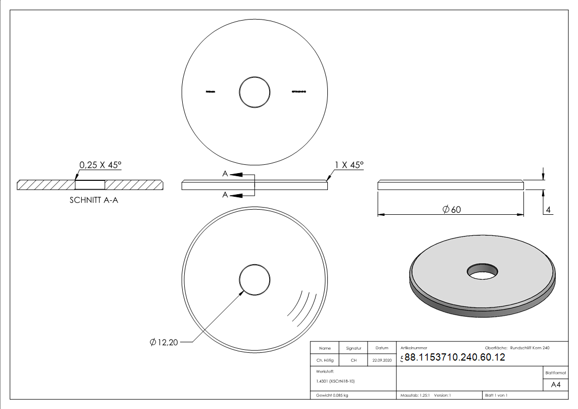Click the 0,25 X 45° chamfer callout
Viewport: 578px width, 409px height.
point(100,165)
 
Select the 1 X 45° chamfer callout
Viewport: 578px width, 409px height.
point(349,165)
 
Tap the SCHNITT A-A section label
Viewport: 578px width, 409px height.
point(94,200)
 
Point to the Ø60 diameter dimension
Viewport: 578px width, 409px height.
point(451,209)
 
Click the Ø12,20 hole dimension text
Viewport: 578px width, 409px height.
point(164,342)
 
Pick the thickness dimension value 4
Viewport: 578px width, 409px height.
point(548,210)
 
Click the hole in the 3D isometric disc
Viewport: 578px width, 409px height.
point(482,270)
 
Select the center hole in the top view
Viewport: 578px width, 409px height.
point(255,92)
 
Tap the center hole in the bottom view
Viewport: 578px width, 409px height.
point(255,280)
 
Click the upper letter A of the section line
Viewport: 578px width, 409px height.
point(225,175)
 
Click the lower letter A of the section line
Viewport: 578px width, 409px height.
point(225,195)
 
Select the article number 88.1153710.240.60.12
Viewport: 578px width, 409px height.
point(455,357)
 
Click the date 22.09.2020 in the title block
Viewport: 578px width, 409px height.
point(382,361)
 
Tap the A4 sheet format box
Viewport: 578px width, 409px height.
point(556,384)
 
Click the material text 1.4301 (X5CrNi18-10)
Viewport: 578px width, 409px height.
point(336,381)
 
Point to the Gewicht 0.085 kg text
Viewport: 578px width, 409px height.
point(332,396)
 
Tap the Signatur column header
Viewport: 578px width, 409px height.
point(354,348)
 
